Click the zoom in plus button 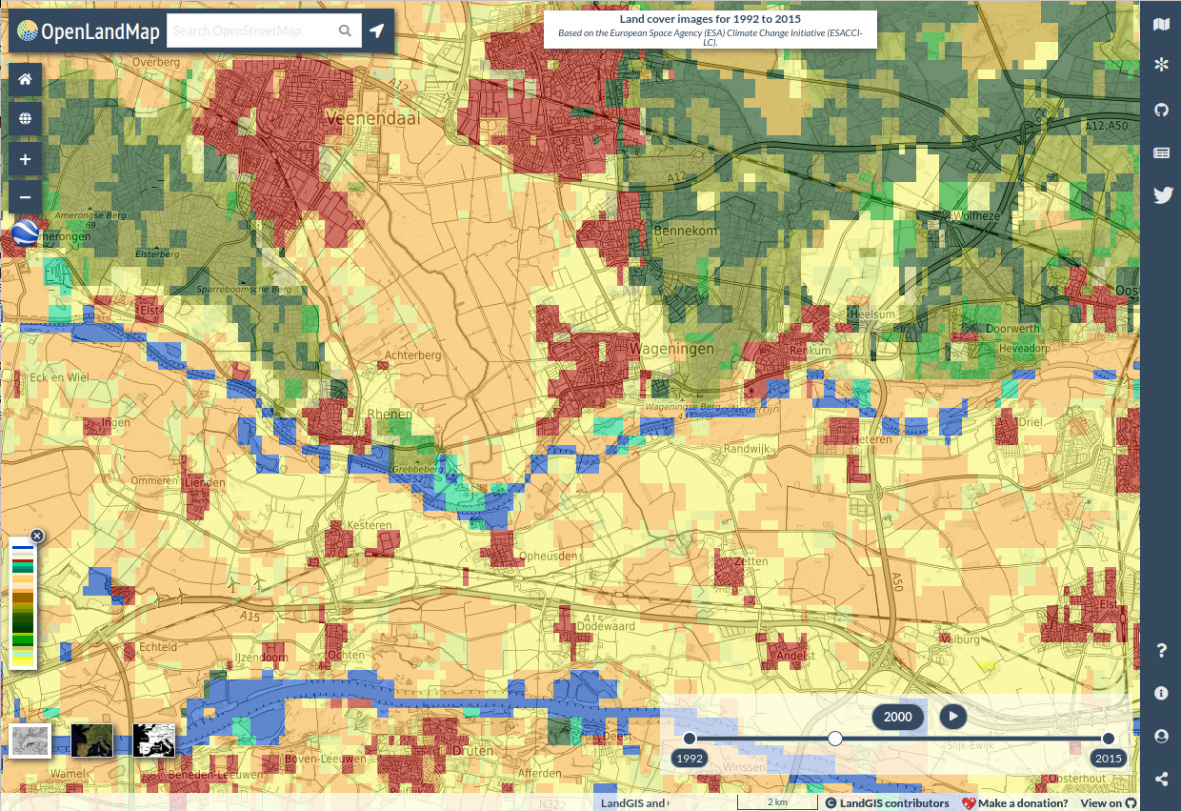[x=25, y=159]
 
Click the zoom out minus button [x=25, y=197]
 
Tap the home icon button [x=25, y=79]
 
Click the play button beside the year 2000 [x=952, y=717]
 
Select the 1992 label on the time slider [x=690, y=759]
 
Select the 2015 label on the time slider [x=1108, y=759]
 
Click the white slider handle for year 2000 [x=835, y=739]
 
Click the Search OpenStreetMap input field [x=252, y=31]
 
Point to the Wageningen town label [x=671, y=350]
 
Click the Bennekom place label [x=686, y=232]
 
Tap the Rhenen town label [x=390, y=415]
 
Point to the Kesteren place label [x=370, y=525]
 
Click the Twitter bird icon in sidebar [x=1161, y=195]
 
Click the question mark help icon [x=1161, y=651]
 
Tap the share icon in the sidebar [x=1161, y=779]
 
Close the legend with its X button [x=37, y=536]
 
